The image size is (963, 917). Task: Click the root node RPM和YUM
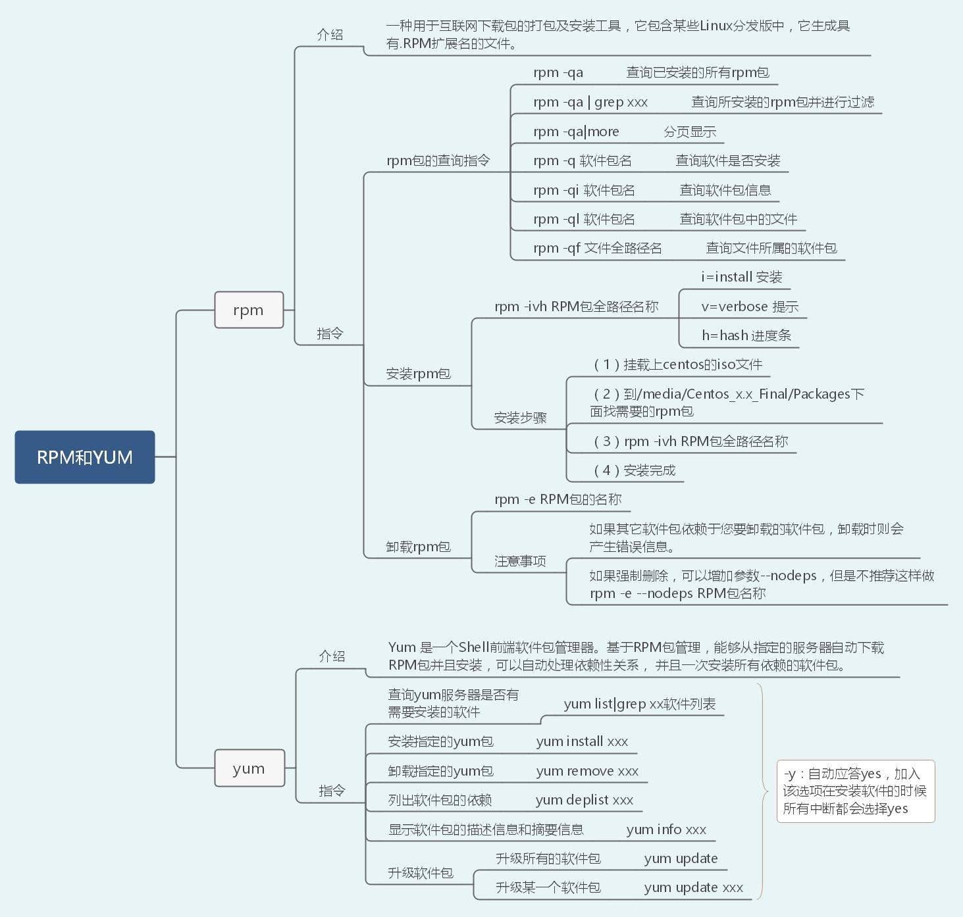pyautogui.click(x=85, y=457)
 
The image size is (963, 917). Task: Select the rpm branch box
pyautogui.click(x=249, y=310)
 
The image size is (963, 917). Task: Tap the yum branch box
pyautogui.click(x=249, y=768)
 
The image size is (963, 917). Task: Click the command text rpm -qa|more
pyautogui.click(x=576, y=132)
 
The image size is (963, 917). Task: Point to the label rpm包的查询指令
pyautogui.click(x=438, y=161)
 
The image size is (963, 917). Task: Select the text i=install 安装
pyautogui.click(x=741, y=277)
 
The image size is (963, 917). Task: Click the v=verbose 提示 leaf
pyautogui.click(x=749, y=307)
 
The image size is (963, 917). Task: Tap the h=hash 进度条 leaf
pyautogui.click(x=746, y=335)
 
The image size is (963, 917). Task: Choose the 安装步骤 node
pyautogui.click(x=520, y=418)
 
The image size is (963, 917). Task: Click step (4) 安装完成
pyautogui.click(x=635, y=470)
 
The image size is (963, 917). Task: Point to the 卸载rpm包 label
pyautogui.click(x=418, y=547)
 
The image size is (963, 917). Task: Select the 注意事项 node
pyautogui.click(x=520, y=561)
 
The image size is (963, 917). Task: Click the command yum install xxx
pyautogui.click(x=582, y=742)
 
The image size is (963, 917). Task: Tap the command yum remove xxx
pyautogui.click(x=587, y=771)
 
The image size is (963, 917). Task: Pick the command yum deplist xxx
pyautogui.click(x=585, y=800)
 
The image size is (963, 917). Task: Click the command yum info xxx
pyautogui.click(x=666, y=830)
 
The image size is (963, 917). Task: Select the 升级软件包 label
pyautogui.click(x=420, y=873)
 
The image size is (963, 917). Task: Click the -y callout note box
pyautogui.click(x=855, y=791)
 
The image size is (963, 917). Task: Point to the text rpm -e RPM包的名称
pyautogui.click(x=558, y=499)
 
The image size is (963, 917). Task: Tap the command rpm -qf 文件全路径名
pyautogui.click(x=597, y=248)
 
